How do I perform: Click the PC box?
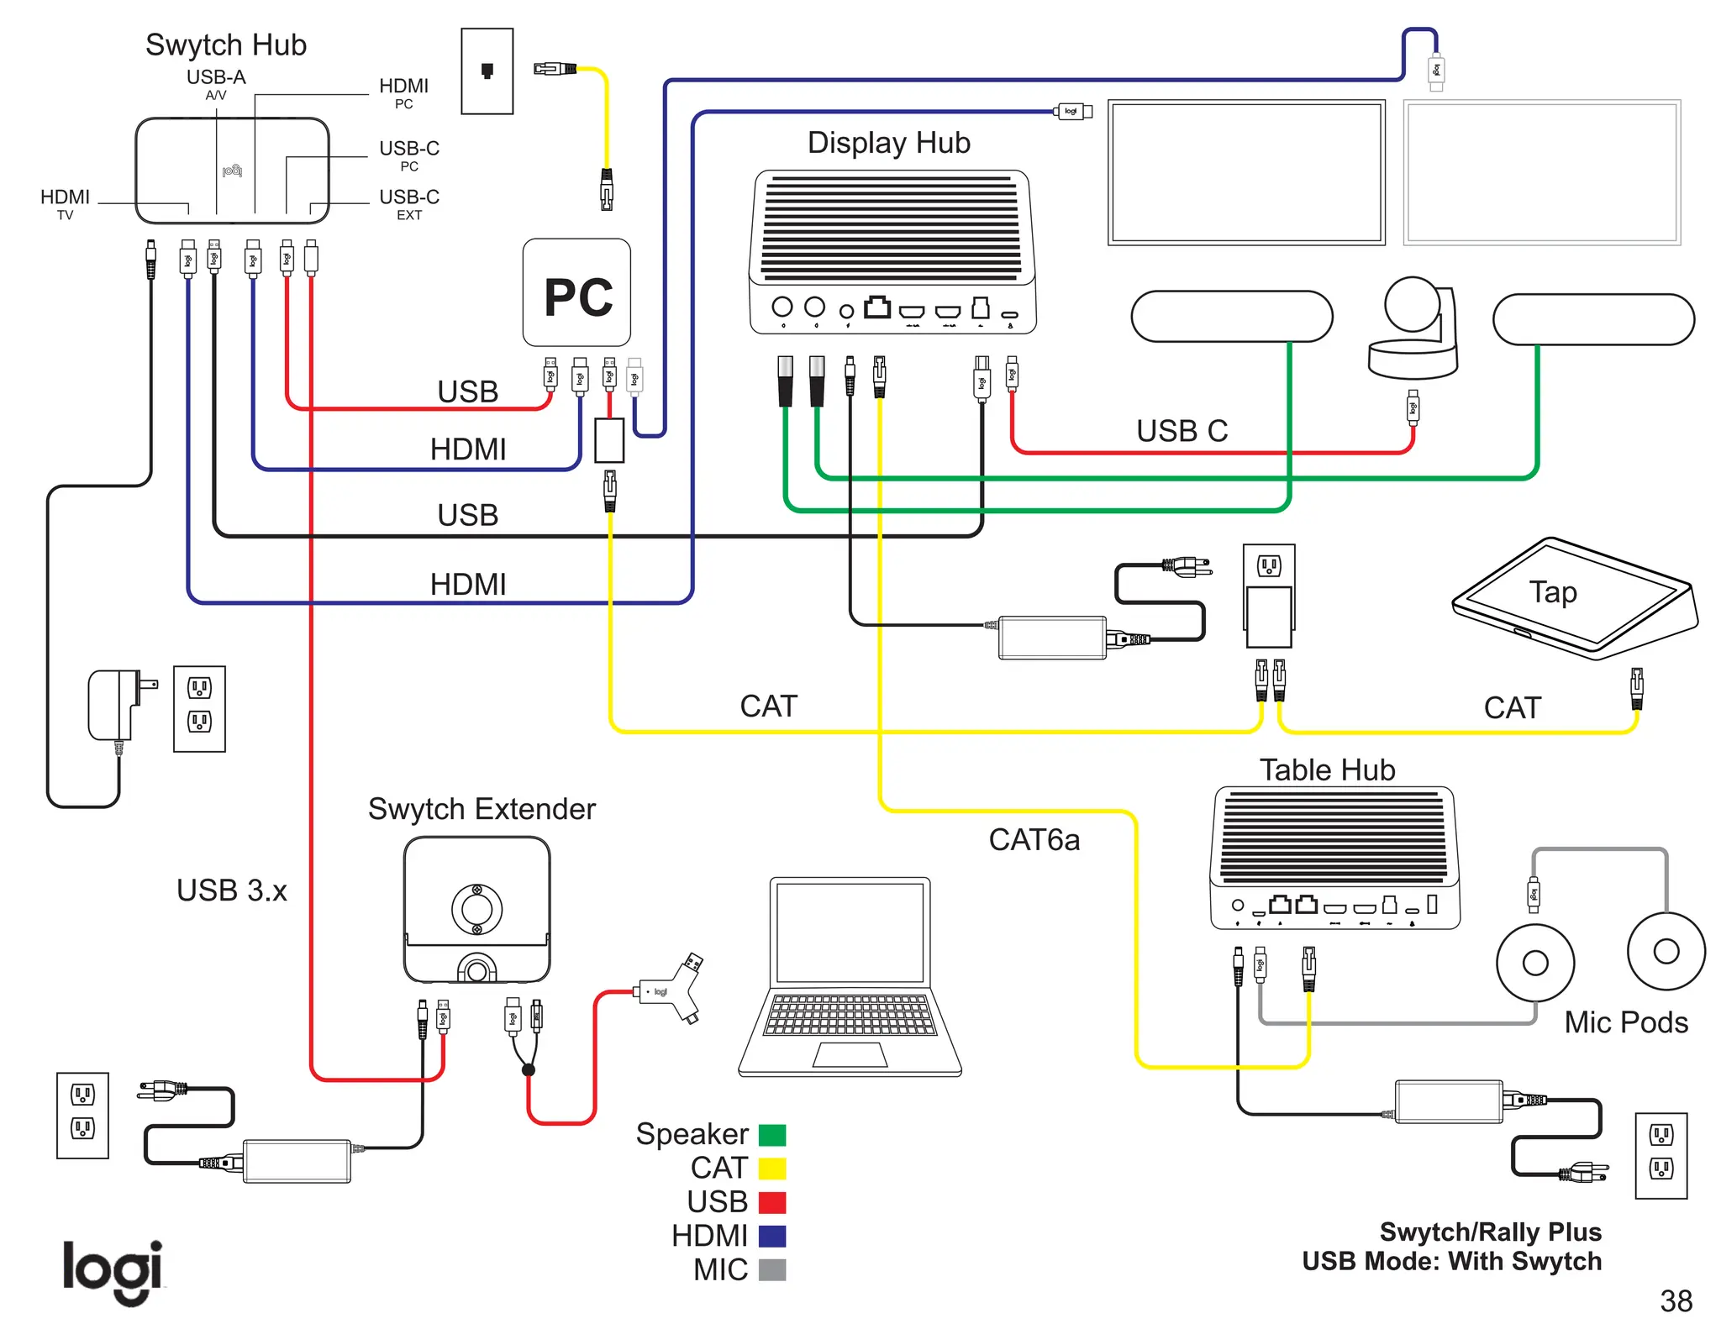[x=576, y=292]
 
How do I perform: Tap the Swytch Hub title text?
[x=225, y=45]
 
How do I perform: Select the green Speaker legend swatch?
[x=771, y=1135]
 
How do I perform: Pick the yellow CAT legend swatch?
[x=771, y=1169]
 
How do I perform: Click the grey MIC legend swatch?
[x=771, y=1270]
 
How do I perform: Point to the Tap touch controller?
[x=1575, y=598]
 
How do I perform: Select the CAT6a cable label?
[x=1034, y=840]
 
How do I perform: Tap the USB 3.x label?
[x=231, y=890]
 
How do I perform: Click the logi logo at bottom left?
[x=113, y=1271]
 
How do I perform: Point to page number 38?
[x=1676, y=1301]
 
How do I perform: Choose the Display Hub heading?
[x=888, y=143]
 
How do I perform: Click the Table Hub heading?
[x=1327, y=770]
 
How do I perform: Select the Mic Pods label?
[x=1626, y=1022]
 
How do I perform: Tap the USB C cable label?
[x=1182, y=431]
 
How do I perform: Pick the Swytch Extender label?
[x=482, y=809]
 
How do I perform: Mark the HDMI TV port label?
[x=65, y=203]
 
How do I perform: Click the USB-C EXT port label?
[x=409, y=203]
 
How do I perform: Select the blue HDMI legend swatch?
[x=771, y=1237]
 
